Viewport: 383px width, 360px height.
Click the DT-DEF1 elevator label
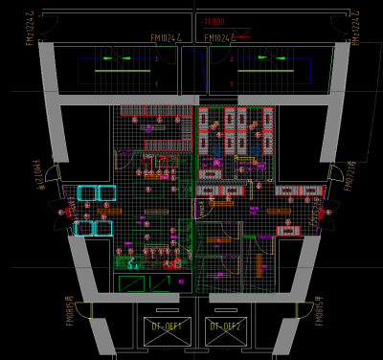(x=167, y=326)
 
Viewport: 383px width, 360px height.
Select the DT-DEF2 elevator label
(x=224, y=326)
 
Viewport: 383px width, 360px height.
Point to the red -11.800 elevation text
(x=214, y=20)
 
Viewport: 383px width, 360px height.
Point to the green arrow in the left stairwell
(x=110, y=59)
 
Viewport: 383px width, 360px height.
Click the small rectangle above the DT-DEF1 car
(x=167, y=312)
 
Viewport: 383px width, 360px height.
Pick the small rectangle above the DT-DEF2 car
(x=224, y=312)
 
